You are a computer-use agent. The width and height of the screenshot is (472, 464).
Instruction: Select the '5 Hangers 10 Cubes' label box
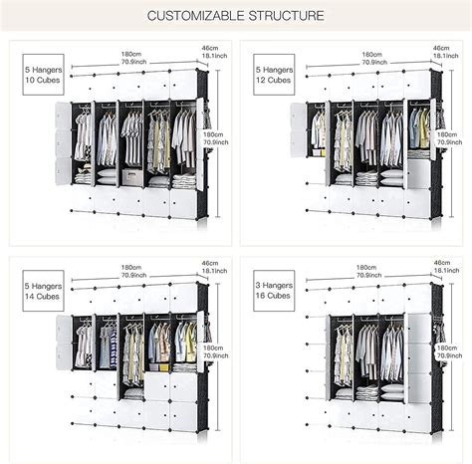tap(32, 74)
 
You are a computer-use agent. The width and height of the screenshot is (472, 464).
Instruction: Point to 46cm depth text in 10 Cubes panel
tap(209, 48)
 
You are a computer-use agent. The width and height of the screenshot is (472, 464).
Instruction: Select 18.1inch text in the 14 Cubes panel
tap(209, 275)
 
